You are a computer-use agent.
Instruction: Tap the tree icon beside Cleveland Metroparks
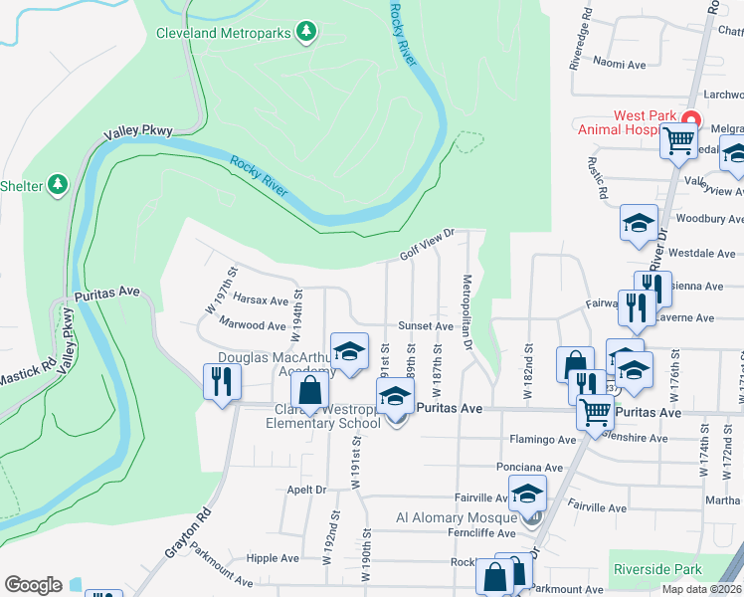tap(307, 33)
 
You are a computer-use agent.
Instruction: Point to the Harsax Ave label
tap(260, 298)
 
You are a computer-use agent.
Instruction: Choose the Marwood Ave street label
tap(253, 325)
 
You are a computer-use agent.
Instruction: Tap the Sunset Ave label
tap(426, 325)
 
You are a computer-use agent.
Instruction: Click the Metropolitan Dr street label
tap(465, 310)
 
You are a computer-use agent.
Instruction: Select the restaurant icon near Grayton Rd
tap(221, 381)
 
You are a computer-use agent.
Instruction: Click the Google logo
tap(33, 585)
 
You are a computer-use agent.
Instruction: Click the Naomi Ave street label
tap(621, 64)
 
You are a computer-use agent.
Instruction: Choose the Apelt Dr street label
tap(306, 490)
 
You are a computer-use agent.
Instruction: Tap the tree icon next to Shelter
tap(59, 185)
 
